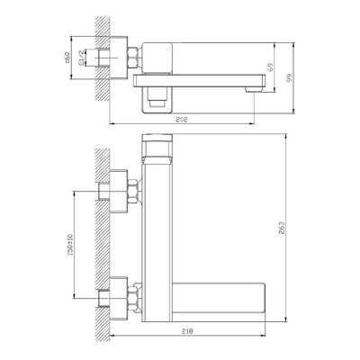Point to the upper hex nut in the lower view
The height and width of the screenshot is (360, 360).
click(x=133, y=193)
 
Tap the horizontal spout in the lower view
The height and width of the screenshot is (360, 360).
click(x=220, y=295)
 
